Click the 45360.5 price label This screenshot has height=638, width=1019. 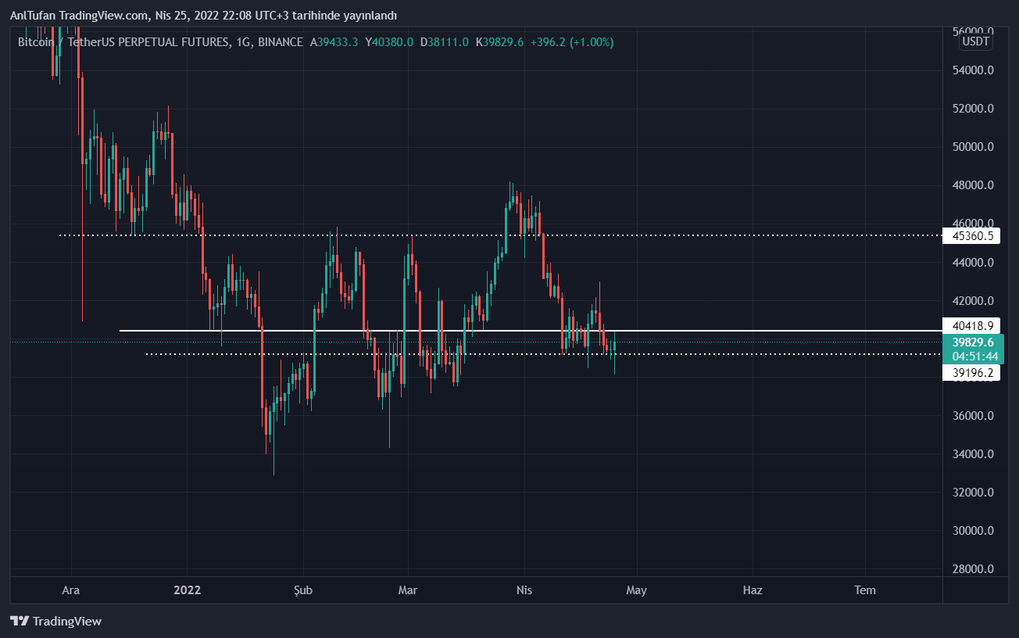pos(972,235)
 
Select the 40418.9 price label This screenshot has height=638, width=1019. pos(972,325)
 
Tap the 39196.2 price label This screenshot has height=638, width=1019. pos(972,374)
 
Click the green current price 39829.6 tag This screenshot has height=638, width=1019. pos(972,342)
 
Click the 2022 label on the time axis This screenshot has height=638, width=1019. pos(188,590)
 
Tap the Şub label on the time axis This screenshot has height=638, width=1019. pos(302,590)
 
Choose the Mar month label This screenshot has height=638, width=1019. pos(407,590)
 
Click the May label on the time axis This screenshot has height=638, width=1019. pos(637,590)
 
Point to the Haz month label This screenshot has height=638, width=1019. pos(752,590)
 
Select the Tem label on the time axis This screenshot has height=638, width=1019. pos(865,590)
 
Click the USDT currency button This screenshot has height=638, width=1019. pos(975,41)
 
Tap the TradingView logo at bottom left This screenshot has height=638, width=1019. pos(56,622)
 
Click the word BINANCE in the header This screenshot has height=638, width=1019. pos(280,42)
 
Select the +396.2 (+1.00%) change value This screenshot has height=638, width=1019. pos(571,42)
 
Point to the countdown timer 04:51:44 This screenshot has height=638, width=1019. pos(972,356)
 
